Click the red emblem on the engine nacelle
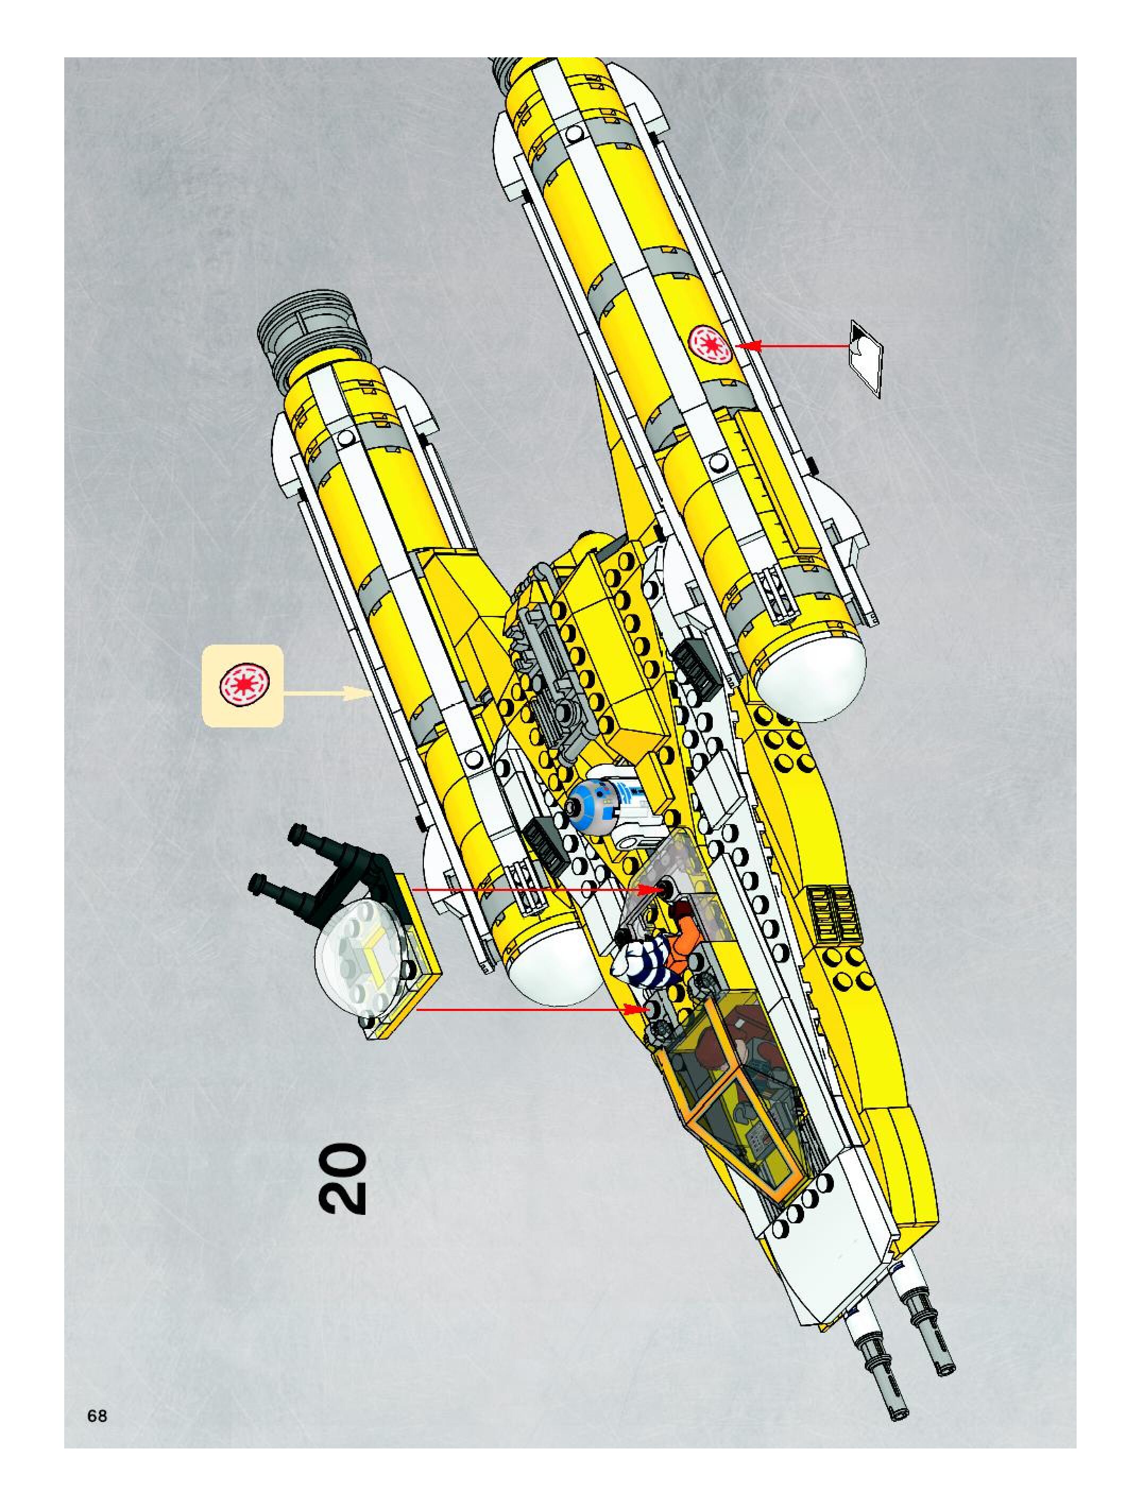tap(710, 343)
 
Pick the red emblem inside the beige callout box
tap(244, 684)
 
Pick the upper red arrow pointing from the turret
tap(525, 889)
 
